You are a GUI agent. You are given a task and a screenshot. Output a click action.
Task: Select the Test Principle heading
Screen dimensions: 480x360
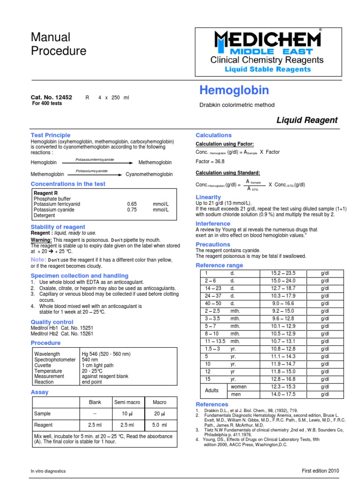[51, 135]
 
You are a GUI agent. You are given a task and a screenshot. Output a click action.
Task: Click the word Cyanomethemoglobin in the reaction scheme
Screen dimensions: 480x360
[149, 174]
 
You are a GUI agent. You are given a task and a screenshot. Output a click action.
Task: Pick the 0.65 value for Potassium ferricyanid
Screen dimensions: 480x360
[132, 204]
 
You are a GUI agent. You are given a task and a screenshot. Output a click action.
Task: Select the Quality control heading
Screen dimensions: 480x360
[52, 322]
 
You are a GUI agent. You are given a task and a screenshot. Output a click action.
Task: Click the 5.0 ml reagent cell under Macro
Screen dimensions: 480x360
[159, 425]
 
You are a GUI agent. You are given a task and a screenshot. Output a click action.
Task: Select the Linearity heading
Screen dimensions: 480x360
[208, 197]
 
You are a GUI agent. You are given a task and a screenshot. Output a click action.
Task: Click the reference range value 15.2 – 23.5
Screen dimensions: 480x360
[284, 273]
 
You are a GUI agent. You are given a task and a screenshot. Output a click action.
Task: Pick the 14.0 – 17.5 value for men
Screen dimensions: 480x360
[284, 395]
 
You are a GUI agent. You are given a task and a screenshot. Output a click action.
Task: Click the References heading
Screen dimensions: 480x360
[212, 404]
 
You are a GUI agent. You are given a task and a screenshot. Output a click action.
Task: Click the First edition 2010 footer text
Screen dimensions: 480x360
[320, 471]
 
